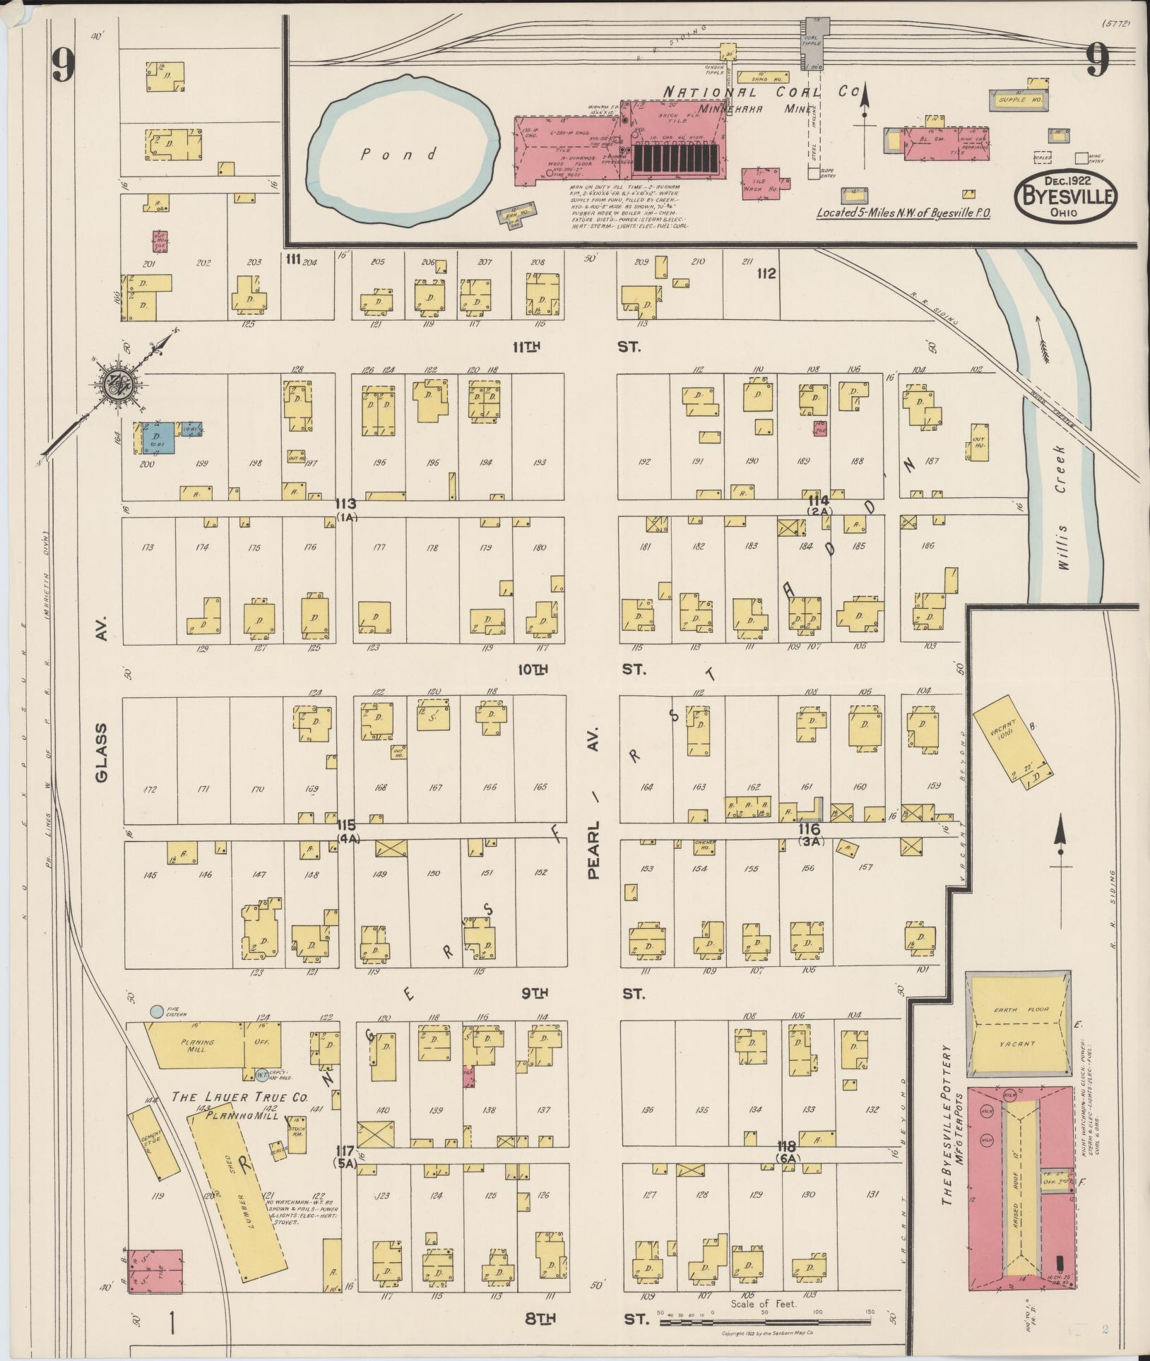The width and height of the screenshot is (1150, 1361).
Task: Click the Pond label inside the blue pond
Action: coord(399,153)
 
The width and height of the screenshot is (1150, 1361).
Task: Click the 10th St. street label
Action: coord(581,669)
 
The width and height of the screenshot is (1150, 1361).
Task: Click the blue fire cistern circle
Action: coord(155,1011)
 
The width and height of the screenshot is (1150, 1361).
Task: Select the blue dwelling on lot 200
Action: coord(159,438)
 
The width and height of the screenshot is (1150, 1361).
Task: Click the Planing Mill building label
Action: coord(196,1045)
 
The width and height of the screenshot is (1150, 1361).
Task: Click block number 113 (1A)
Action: coord(347,509)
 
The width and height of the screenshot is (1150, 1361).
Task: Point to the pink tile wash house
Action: coord(761,184)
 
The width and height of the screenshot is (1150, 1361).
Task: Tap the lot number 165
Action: coord(540,788)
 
